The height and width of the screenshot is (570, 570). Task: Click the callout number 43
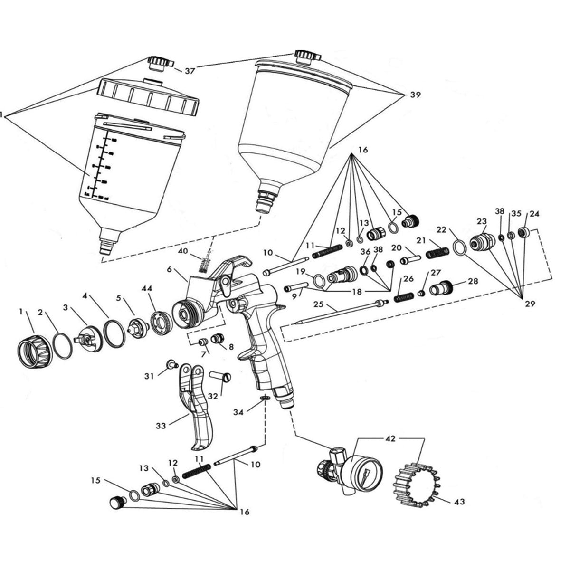coord(459,501)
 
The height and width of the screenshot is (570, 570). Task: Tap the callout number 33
coord(161,426)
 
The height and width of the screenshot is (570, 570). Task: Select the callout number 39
coord(415,95)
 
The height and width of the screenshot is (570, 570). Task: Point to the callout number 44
coord(145,288)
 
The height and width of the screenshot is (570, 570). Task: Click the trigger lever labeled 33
coord(197,408)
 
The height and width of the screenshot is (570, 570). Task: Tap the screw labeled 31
coord(171,364)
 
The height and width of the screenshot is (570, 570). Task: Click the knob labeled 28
coord(441,288)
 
